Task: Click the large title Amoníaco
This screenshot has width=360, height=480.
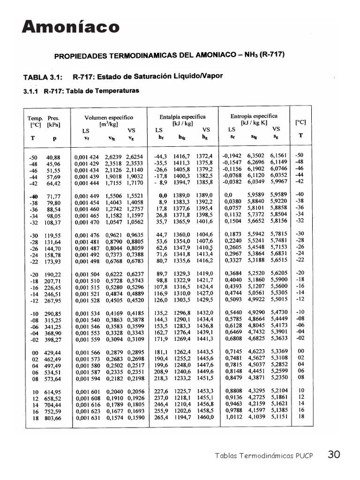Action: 71,27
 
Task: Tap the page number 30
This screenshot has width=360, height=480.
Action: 334,454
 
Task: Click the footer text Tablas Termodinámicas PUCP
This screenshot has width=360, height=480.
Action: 264,455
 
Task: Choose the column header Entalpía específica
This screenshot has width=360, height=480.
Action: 182,117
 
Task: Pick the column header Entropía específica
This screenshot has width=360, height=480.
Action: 254,116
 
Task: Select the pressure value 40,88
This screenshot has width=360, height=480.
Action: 53,157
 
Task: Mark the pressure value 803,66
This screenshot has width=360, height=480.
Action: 52,418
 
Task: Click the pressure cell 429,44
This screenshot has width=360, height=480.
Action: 52,352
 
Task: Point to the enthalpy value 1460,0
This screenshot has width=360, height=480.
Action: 205,416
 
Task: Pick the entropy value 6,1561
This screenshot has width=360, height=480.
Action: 278,155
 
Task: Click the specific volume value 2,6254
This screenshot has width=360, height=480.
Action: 134,157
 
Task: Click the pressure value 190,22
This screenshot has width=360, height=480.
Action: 52,274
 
